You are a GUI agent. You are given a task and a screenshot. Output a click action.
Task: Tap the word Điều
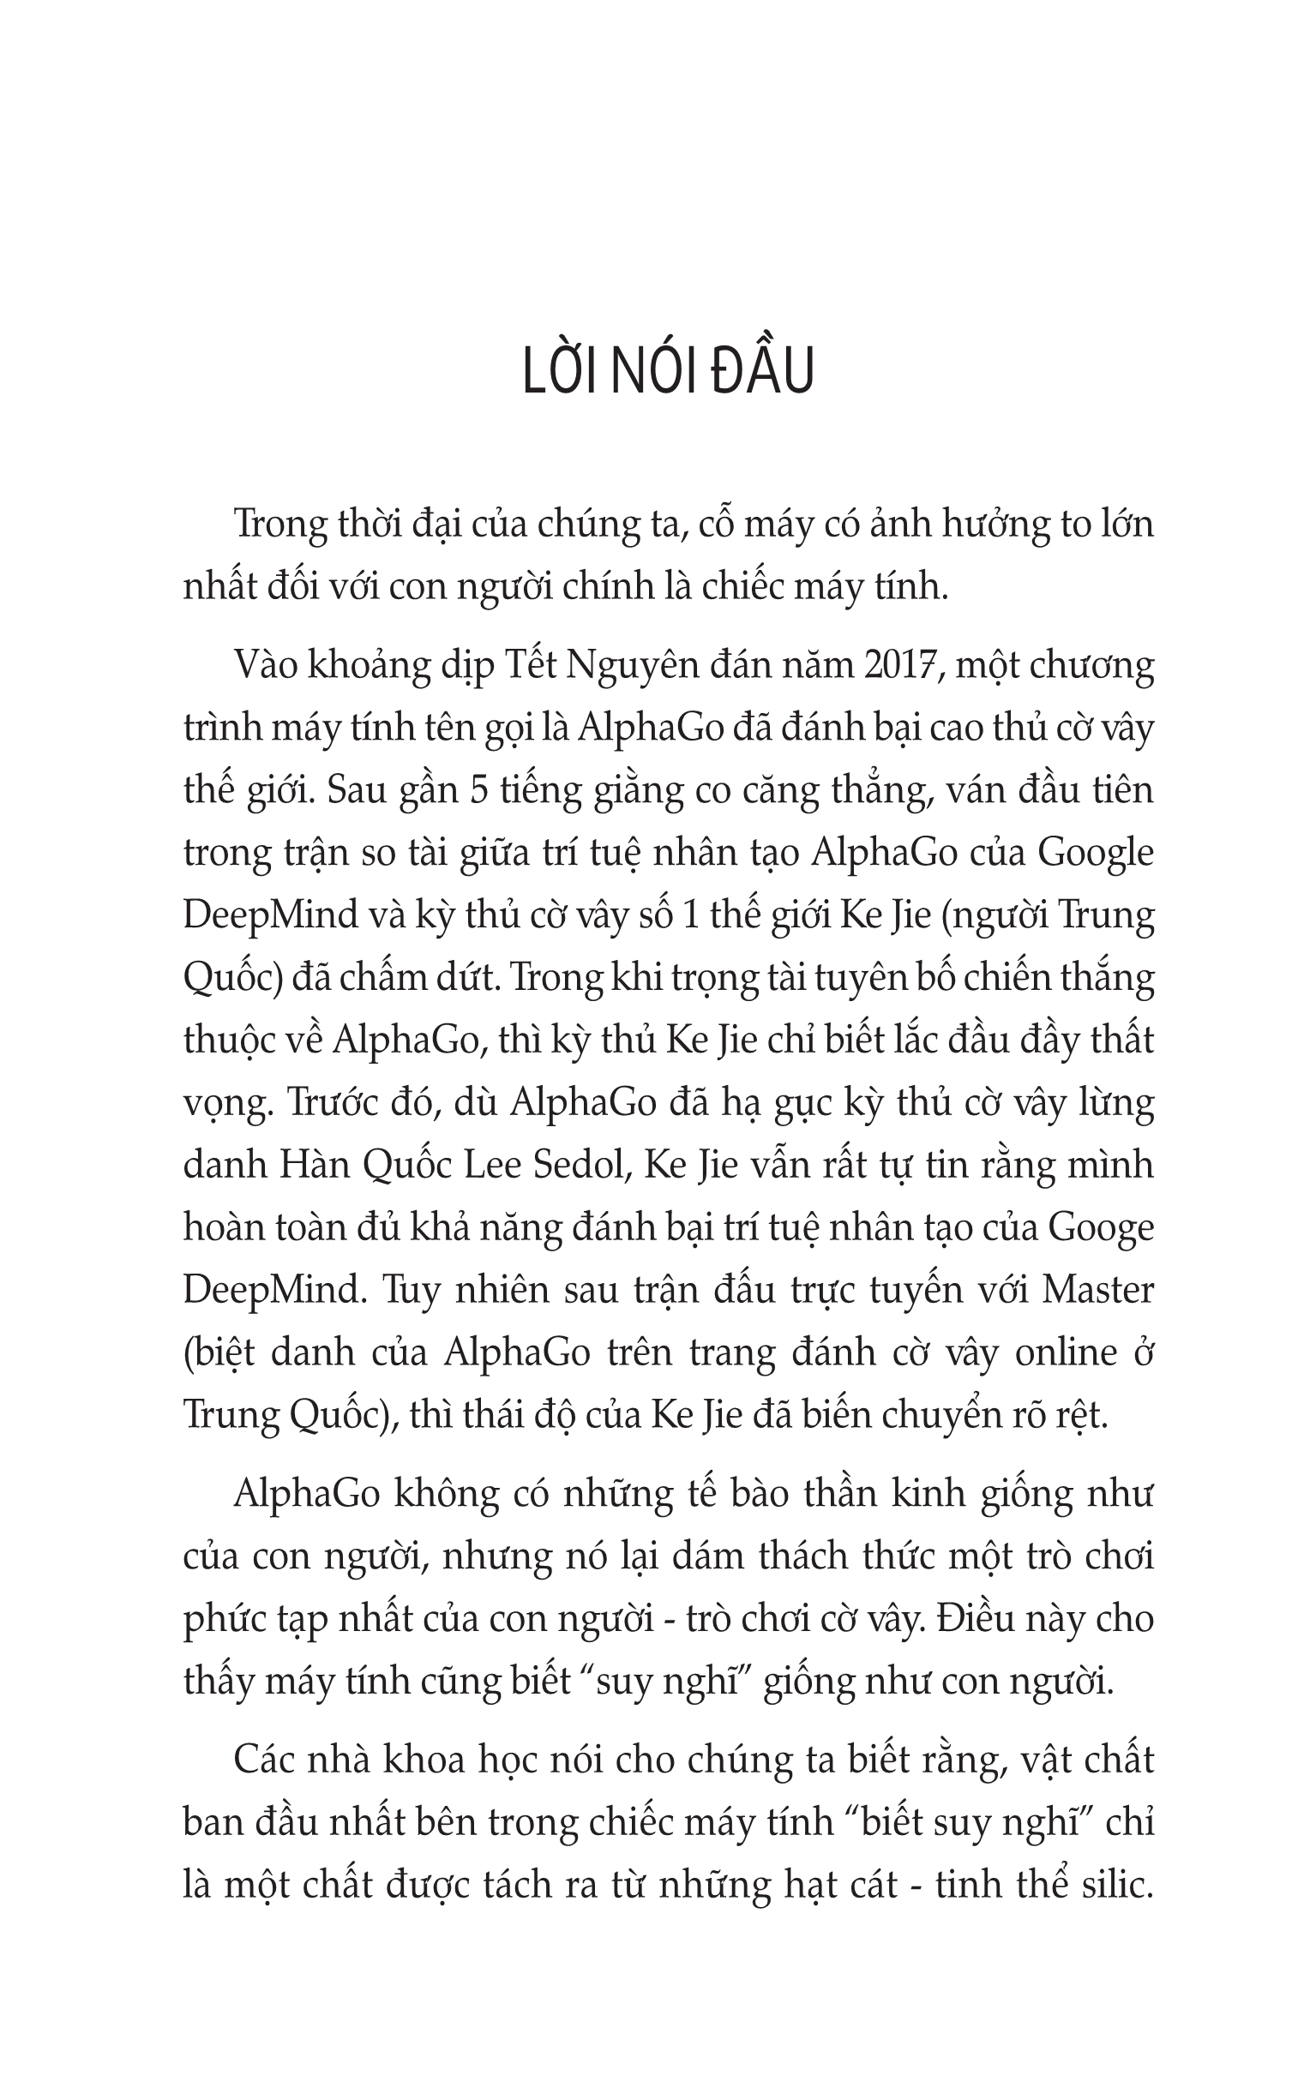click(973, 1618)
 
